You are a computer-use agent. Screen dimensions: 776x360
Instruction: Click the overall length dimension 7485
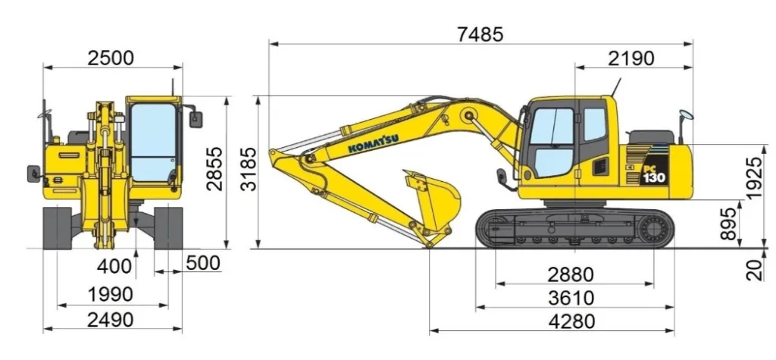(480, 35)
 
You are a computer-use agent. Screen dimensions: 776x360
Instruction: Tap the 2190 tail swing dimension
(631, 58)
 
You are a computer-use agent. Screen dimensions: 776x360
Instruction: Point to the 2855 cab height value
(214, 169)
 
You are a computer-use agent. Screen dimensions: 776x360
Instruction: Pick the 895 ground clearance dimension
(728, 224)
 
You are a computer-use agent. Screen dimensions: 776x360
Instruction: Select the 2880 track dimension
(571, 274)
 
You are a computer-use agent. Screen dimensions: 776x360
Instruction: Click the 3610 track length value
(571, 298)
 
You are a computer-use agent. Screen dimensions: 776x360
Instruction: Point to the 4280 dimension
(571, 322)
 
